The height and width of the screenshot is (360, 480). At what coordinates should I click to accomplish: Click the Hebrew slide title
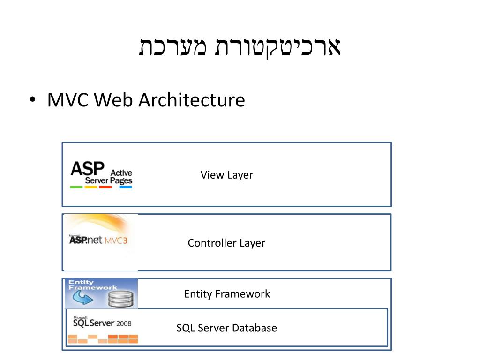point(240,47)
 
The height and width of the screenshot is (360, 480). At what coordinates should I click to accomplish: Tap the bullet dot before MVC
point(32,100)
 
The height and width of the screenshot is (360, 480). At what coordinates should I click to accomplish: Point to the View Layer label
point(226,175)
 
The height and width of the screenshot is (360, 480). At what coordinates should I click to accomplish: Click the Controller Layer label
point(226,243)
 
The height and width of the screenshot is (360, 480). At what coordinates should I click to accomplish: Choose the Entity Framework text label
point(227,294)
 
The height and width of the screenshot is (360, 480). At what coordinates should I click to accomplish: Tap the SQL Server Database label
point(226,328)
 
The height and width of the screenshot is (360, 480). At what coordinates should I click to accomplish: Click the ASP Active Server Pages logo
point(101,174)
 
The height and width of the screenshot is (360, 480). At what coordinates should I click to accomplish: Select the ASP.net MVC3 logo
point(98,240)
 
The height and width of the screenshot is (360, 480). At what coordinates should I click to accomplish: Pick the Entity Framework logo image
point(101,293)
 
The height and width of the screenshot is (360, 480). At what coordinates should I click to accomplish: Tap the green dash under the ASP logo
point(76,187)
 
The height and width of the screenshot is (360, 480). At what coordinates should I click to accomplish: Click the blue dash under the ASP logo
point(126,187)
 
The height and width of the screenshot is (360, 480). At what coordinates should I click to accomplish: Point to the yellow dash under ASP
point(91,187)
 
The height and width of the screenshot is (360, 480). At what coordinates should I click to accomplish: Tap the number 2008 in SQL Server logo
point(124,323)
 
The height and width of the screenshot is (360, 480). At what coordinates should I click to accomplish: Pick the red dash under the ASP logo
point(105,187)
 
